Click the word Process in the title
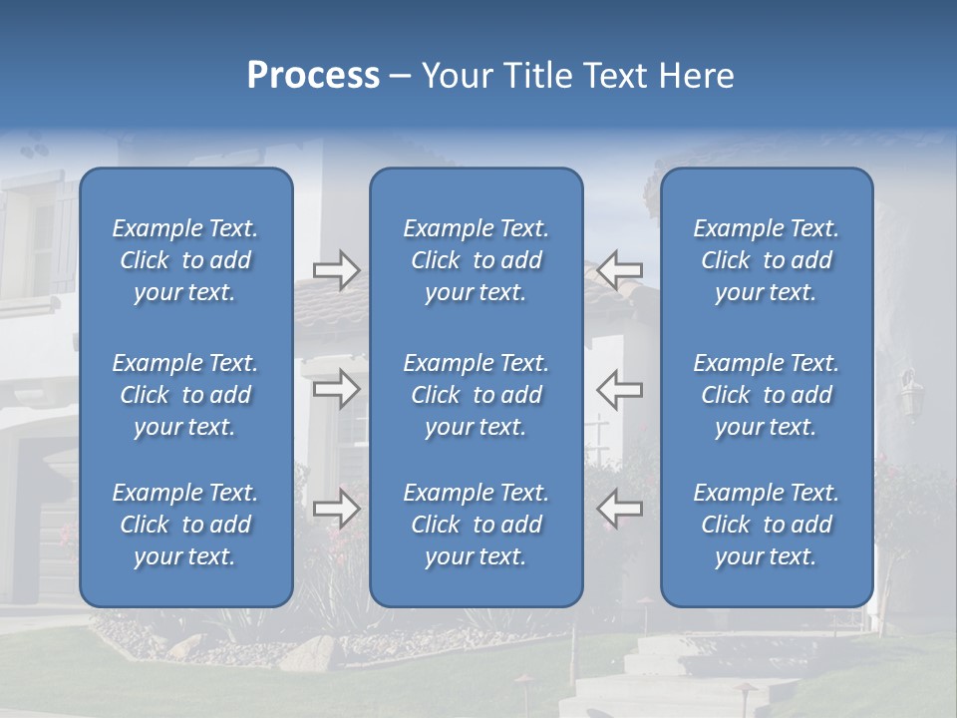tap(313, 76)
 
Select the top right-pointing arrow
tap(336, 270)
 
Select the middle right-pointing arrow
tap(336, 389)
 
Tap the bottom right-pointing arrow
tap(336, 509)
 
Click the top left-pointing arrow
tap(620, 270)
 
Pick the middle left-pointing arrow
tap(620, 389)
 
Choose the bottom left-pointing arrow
tap(620, 509)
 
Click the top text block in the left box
tap(185, 260)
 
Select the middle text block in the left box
tap(185, 395)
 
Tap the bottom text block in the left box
tap(185, 525)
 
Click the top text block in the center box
tap(476, 260)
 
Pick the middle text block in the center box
tap(476, 395)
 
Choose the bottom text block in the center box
tap(476, 525)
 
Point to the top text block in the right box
tap(766, 260)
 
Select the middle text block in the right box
tap(766, 395)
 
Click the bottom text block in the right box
tap(766, 525)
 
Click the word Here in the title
tap(697, 76)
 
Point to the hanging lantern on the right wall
tap(910, 394)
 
